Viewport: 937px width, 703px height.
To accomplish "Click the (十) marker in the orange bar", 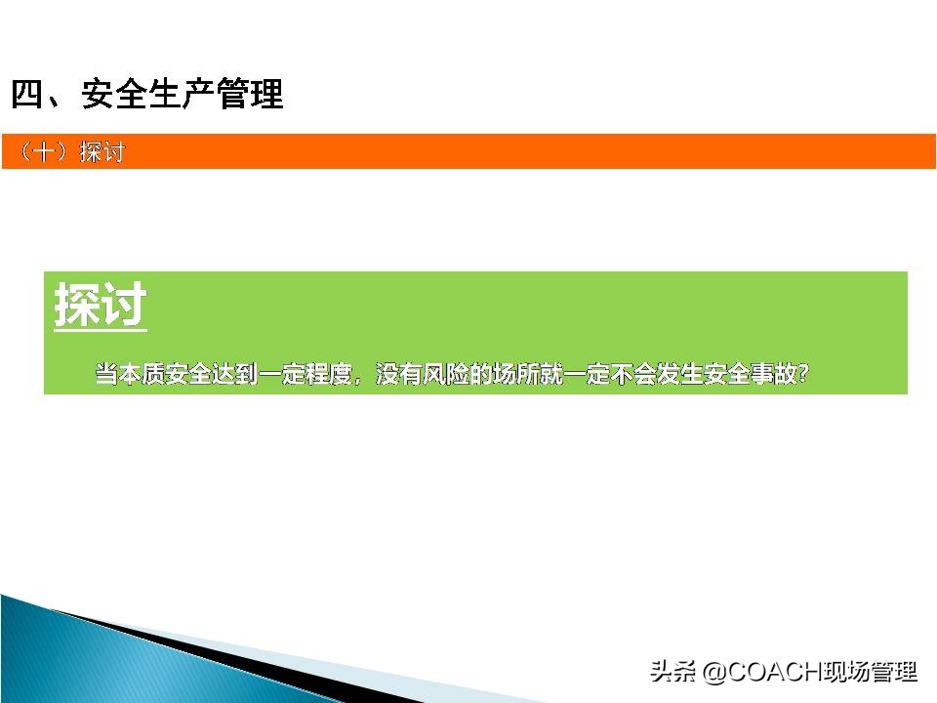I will coord(45,153).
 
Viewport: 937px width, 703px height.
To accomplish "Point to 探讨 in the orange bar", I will coord(102,153).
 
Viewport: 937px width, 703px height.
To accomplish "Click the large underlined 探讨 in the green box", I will coord(101,307).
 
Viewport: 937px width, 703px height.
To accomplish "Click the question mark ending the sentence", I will coord(803,374).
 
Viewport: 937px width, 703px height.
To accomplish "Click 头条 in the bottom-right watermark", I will coord(673,672).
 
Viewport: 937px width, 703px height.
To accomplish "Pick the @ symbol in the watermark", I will coord(715,673).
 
